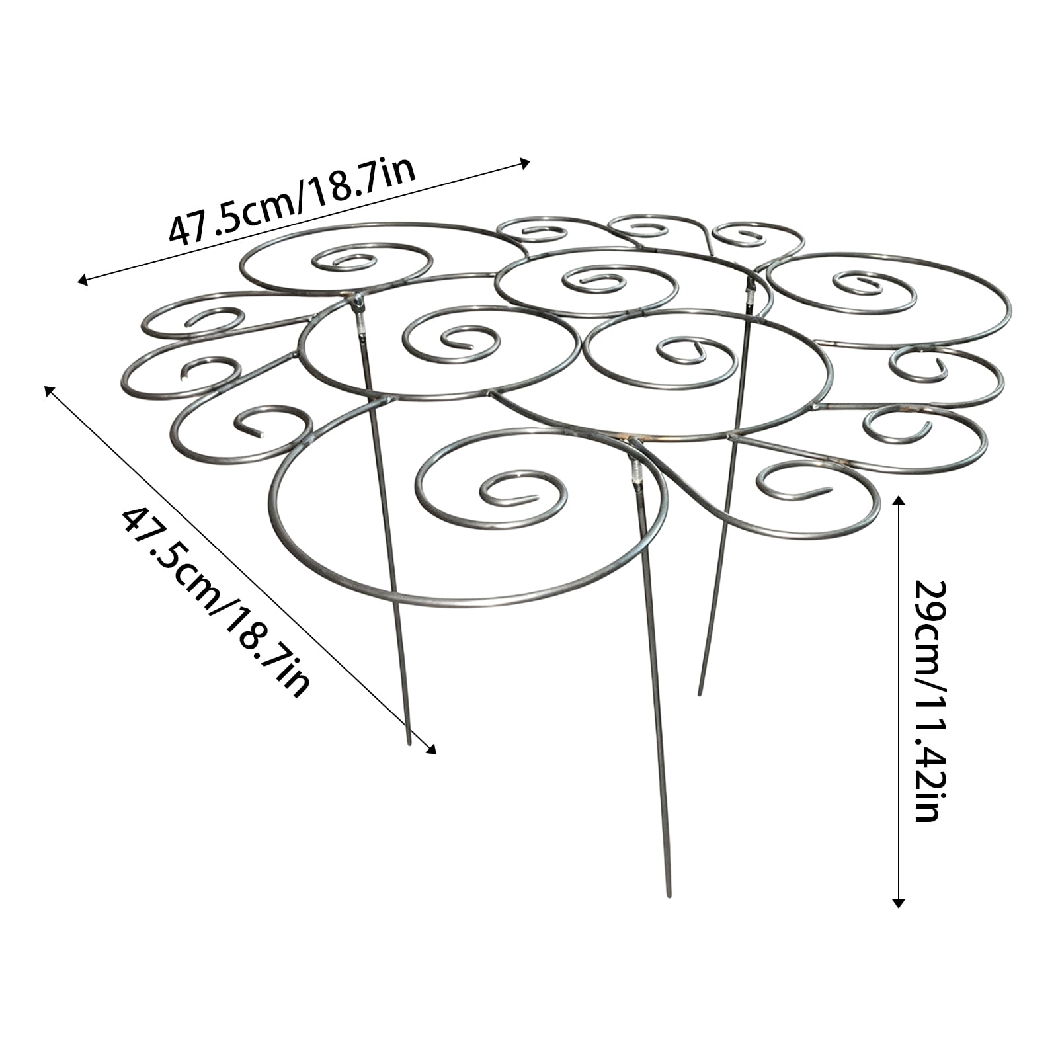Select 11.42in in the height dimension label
pyautogui.click(x=928, y=760)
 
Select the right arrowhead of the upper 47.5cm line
pyautogui.click(x=526, y=162)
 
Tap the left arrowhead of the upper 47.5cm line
pyautogui.click(x=82, y=281)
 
